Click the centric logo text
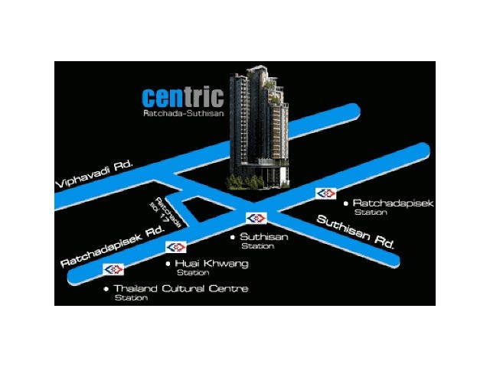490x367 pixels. [183, 97]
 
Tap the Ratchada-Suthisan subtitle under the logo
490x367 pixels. [184, 113]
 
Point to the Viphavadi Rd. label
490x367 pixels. [94, 174]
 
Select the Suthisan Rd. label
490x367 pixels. [355, 232]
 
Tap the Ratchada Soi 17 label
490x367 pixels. [165, 213]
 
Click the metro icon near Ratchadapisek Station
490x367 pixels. [325, 193]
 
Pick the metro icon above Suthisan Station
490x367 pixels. [256, 218]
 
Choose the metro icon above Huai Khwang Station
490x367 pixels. [176, 247]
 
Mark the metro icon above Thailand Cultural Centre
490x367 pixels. [113, 269]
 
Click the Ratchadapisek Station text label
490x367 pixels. [393, 207]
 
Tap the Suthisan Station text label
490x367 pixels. [263, 241]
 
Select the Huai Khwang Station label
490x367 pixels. [211, 268]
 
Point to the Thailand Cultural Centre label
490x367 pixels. [181, 292]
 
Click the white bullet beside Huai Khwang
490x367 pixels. [168, 264]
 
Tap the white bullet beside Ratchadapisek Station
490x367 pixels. [345, 203]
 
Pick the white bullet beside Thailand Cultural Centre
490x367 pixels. [106, 289]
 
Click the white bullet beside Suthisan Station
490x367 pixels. [233, 238]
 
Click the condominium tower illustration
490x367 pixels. [259, 128]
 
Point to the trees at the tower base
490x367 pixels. [246, 182]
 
